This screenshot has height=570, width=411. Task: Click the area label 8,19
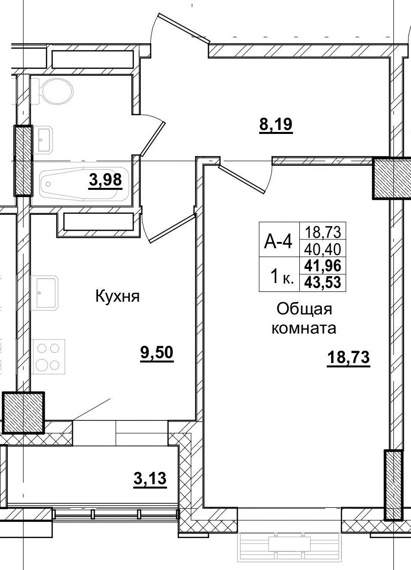pyautogui.click(x=275, y=125)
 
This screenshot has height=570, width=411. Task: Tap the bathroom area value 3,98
pyautogui.click(x=105, y=181)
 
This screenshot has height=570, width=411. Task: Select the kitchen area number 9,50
pyautogui.click(x=157, y=353)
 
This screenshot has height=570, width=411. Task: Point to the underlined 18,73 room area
pyautogui.click(x=348, y=359)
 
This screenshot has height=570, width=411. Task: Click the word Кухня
pyautogui.click(x=118, y=296)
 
